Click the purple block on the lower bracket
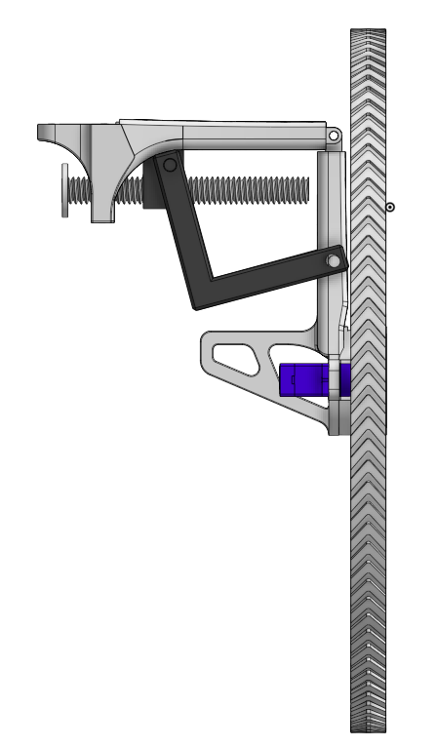[307, 379]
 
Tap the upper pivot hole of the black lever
[170, 166]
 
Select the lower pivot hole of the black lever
[334, 262]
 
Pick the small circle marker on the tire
[390, 207]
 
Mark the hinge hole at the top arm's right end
[334, 135]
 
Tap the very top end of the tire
[368, 31]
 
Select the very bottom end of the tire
[368, 728]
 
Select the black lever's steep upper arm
[183, 224]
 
